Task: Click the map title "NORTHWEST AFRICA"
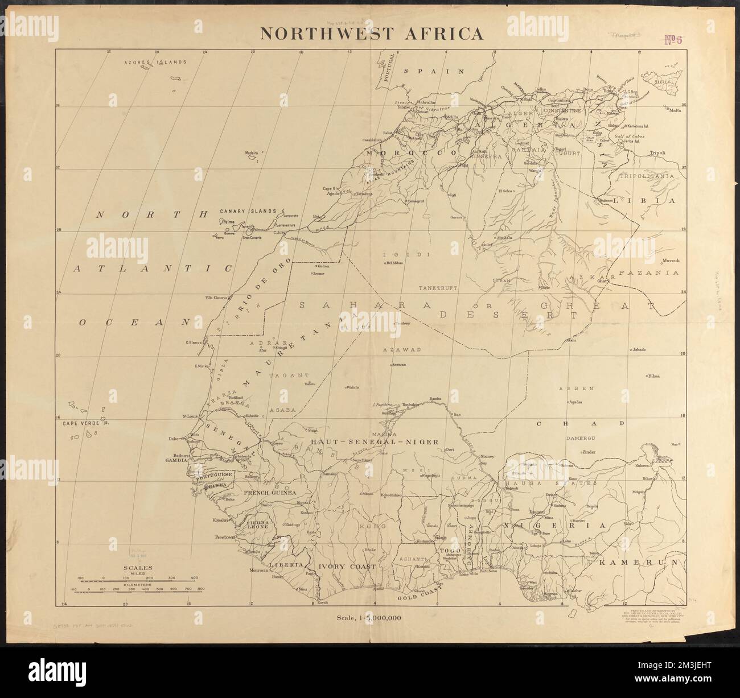[372, 34]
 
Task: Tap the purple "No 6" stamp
[677, 39]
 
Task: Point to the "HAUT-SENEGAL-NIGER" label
[373, 441]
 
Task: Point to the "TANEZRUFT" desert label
[439, 288]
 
